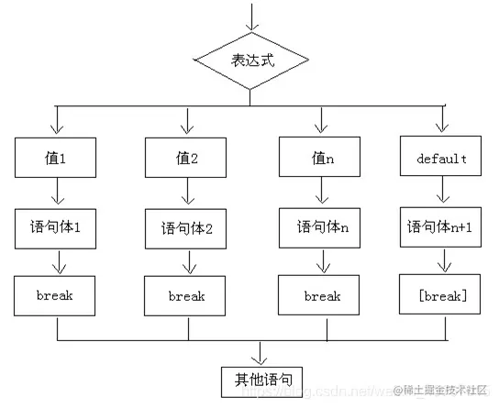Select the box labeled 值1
tap(57, 158)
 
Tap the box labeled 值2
tap(187, 158)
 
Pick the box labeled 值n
tap(318, 158)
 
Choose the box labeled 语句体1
tap(57, 226)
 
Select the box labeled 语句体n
tap(318, 226)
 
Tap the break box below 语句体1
tap(57, 295)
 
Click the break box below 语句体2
tap(187, 296)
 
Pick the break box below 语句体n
tap(321, 295)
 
